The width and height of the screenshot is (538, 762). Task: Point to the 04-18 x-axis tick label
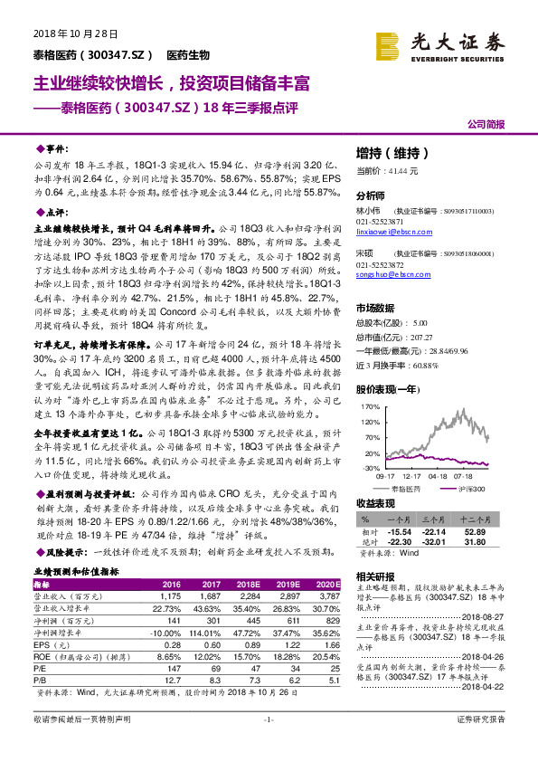pyautogui.click(x=439, y=474)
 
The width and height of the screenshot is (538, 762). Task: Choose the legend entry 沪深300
pyautogui.click(x=470, y=487)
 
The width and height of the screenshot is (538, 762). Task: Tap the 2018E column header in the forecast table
pyautogui.click(x=249, y=586)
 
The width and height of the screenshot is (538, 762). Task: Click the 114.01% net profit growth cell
pyautogui.click(x=211, y=631)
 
